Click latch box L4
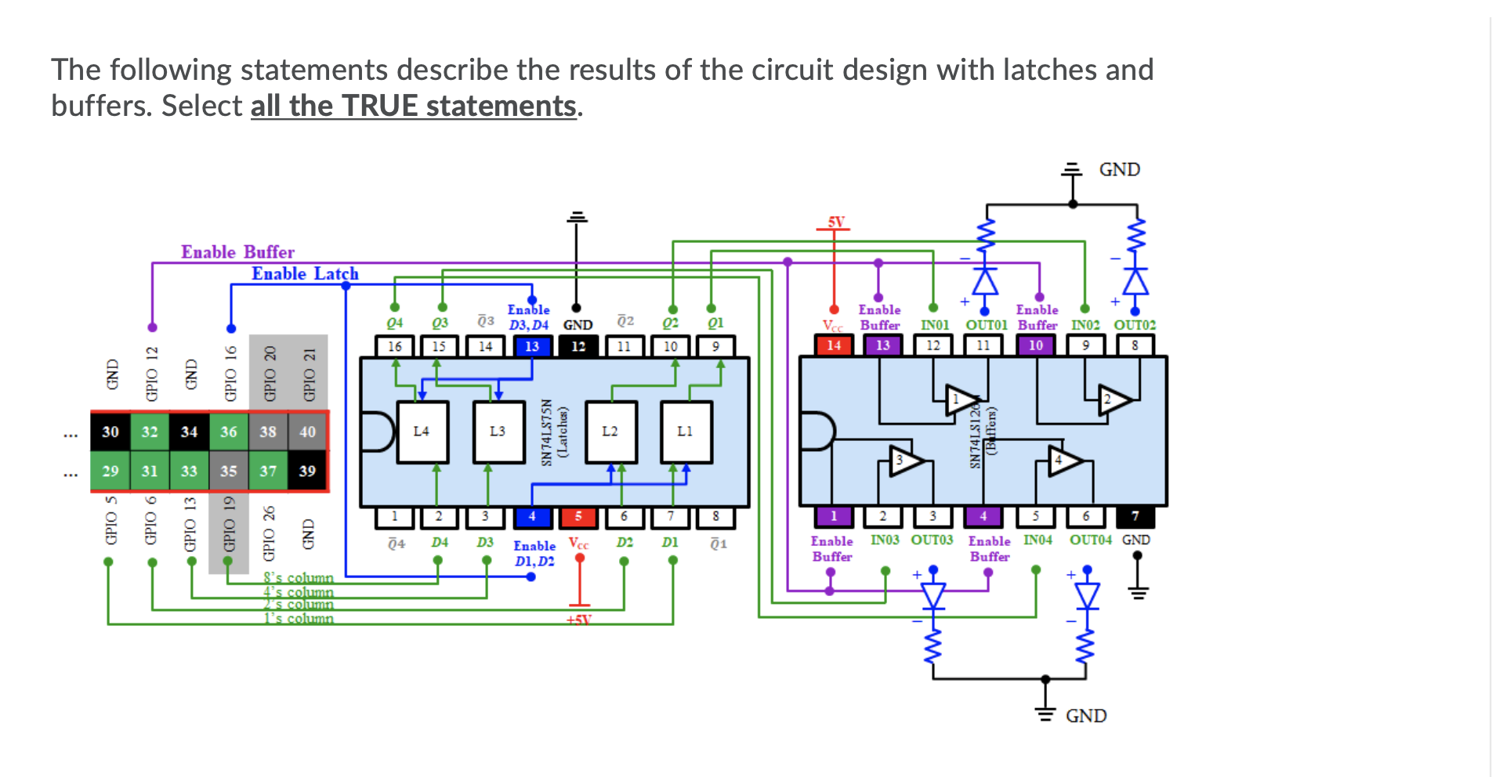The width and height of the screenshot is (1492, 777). (x=422, y=432)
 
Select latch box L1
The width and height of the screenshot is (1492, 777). (x=686, y=432)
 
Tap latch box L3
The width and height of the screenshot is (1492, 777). (x=498, y=432)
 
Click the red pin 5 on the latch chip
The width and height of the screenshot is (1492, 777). (x=578, y=517)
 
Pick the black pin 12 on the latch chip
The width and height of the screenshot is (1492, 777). (x=578, y=346)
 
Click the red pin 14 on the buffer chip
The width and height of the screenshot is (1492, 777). (x=834, y=345)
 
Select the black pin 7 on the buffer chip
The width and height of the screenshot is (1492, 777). (x=1135, y=516)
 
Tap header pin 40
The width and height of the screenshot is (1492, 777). (x=307, y=432)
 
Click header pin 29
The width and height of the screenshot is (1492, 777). (x=110, y=472)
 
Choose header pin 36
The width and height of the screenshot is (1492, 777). (x=229, y=432)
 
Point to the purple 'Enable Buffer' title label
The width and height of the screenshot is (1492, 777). (x=237, y=252)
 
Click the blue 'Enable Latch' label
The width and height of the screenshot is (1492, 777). (x=305, y=274)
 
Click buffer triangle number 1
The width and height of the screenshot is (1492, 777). (x=959, y=400)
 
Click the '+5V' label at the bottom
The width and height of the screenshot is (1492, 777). (x=578, y=620)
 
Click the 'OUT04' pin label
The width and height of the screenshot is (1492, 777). (x=1090, y=540)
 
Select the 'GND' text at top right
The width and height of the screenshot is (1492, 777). (x=1119, y=170)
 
